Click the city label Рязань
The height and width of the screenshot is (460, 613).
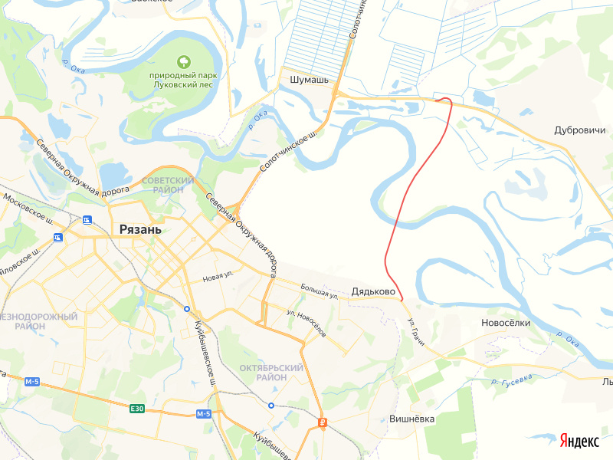[140, 229]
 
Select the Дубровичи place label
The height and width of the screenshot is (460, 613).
[580, 130]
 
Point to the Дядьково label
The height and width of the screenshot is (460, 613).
[373, 292]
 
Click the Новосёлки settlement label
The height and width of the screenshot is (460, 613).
[506, 323]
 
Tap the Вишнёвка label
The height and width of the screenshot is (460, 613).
[412, 419]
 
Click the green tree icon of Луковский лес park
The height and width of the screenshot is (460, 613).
[184, 61]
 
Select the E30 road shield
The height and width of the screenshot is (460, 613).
[137, 409]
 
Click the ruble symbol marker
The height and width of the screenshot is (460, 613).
[323, 422]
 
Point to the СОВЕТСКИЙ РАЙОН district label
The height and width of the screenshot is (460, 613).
[168, 184]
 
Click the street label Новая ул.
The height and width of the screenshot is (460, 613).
[218, 277]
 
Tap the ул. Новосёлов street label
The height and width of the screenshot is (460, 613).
[306, 324]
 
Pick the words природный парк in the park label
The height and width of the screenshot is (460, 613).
[184, 75]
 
